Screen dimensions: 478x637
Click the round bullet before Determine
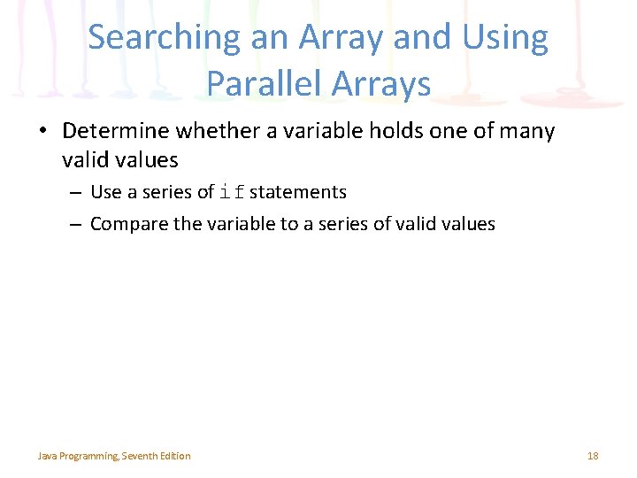(x=43, y=133)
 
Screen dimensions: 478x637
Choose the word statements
(x=298, y=192)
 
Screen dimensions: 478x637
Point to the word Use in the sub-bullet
(x=106, y=192)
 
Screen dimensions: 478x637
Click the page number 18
(x=593, y=456)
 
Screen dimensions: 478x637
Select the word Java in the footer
(x=47, y=456)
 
